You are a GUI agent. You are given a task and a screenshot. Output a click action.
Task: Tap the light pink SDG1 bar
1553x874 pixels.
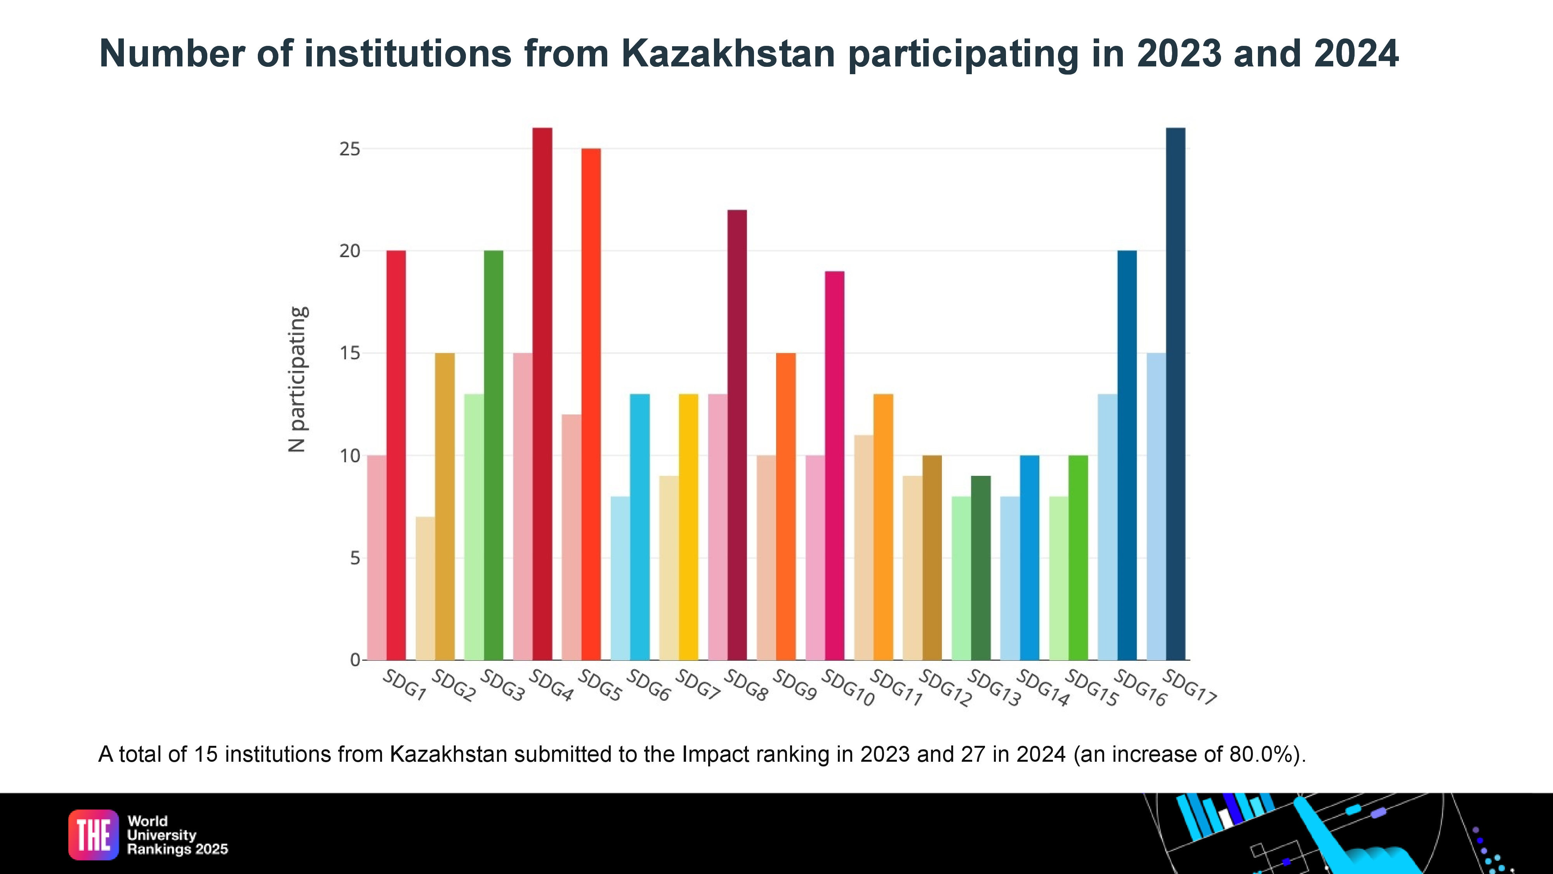point(376,557)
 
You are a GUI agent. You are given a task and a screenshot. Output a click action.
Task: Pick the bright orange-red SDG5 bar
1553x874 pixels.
point(591,404)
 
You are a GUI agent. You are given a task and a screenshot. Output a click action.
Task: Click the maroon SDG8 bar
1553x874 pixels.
point(737,434)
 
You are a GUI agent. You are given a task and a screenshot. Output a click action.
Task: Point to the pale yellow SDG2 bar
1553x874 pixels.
point(425,588)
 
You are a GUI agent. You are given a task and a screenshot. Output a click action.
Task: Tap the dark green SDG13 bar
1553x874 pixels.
point(980,568)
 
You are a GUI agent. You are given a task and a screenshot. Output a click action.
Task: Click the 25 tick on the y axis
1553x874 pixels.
point(350,149)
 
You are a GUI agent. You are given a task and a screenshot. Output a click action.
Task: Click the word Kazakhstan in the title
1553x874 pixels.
point(728,54)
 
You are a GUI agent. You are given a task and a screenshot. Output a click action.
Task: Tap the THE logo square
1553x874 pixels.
point(94,835)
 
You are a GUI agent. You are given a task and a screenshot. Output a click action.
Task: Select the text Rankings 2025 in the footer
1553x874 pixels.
point(177,849)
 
